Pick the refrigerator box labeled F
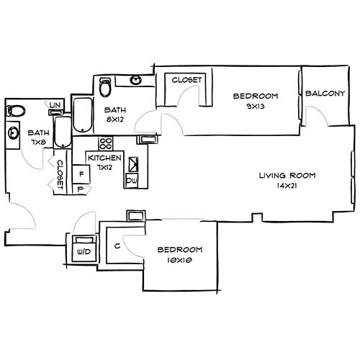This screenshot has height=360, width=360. pos(81,174)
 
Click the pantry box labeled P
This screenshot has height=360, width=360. pos(81,190)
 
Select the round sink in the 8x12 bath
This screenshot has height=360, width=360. pos(135,81)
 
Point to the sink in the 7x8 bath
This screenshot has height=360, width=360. pos(14,133)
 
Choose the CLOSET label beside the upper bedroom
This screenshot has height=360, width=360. pos(186,79)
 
